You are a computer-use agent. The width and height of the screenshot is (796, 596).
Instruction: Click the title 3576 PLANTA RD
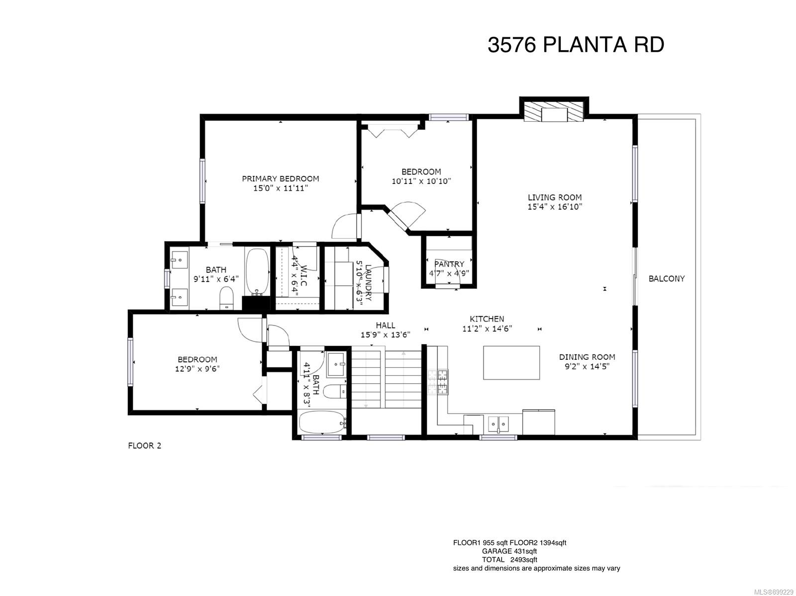point(576,45)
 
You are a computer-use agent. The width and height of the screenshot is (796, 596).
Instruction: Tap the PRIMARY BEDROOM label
point(280,178)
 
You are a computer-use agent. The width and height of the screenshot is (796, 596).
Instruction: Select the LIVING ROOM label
point(555,197)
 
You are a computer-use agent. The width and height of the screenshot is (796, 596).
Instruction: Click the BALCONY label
point(666,279)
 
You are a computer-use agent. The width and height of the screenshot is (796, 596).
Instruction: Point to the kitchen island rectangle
point(511,362)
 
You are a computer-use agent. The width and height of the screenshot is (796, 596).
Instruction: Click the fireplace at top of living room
point(553,111)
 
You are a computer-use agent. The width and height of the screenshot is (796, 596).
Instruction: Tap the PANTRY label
point(449,264)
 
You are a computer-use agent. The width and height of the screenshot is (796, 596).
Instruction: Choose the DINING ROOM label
point(587,357)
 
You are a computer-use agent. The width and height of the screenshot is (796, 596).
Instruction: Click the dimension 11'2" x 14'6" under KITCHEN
point(487,329)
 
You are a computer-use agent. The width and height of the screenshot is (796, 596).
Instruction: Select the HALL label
point(385,325)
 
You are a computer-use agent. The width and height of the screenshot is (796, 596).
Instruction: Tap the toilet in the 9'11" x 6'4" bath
point(227,298)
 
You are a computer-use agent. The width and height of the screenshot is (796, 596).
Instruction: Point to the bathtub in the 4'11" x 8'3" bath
point(322,422)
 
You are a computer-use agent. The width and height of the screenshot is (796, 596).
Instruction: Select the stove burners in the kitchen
point(438,382)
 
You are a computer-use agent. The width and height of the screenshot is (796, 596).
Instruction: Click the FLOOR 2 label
point(144,446)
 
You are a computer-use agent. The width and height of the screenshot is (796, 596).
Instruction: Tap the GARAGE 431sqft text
point(509,551)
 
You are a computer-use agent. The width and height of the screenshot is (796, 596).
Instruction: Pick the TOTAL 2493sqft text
point(509,560)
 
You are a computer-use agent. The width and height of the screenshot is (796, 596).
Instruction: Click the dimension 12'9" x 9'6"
point(198,369)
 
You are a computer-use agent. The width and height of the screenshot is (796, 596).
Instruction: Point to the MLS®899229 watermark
point(774,592)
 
